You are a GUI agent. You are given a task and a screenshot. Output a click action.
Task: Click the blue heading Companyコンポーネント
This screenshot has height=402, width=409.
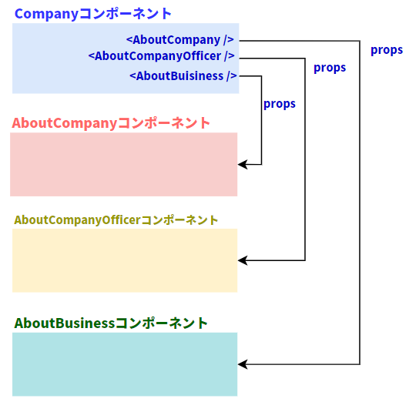pos(93,14)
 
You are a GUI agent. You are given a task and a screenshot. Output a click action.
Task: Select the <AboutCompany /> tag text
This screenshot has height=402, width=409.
pos(180,40)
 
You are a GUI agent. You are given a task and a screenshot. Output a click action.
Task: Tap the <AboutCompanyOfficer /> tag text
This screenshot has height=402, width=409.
pos(161,56)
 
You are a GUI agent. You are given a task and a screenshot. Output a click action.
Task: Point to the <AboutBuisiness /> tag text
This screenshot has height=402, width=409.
pos(183,76)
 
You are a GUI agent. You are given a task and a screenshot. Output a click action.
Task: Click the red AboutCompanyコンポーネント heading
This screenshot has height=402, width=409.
pos(111,123)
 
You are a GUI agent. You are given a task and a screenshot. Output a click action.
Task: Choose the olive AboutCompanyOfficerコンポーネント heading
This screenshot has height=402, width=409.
pos(116,220)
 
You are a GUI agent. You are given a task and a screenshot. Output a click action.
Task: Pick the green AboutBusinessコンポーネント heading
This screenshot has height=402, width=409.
pos(111,323)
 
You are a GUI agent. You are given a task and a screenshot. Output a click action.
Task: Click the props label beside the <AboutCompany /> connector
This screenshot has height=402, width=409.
pos(387,50)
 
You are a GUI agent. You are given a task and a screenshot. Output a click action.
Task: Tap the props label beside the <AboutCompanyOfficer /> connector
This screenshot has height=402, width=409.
pos(330,68)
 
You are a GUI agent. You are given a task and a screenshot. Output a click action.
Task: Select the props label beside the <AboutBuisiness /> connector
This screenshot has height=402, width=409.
pos(280,104)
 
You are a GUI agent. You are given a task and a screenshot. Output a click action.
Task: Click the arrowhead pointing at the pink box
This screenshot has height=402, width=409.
pos(243,164)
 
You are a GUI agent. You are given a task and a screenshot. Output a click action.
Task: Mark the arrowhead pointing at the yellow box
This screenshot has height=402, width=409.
pos(243,260)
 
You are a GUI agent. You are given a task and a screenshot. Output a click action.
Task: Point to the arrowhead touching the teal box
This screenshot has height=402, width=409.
pos(243,364)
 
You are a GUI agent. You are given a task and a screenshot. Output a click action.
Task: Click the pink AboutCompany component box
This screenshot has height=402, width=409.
pos(124,164)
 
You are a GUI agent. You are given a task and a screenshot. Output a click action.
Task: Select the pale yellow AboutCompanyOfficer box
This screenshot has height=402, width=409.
pos(125,260)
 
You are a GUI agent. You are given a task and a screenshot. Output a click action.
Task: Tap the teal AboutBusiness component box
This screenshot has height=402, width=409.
pos(125,364)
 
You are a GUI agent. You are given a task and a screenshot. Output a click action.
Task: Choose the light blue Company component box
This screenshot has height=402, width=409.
pos(126,59)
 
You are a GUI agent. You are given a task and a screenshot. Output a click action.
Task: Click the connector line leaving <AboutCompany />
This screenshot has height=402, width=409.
pos(360,203)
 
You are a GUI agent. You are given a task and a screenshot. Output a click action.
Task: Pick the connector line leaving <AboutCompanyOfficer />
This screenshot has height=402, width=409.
pos(305,159)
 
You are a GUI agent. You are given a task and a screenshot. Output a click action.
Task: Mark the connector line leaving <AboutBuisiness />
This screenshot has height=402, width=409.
pos(261,120)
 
